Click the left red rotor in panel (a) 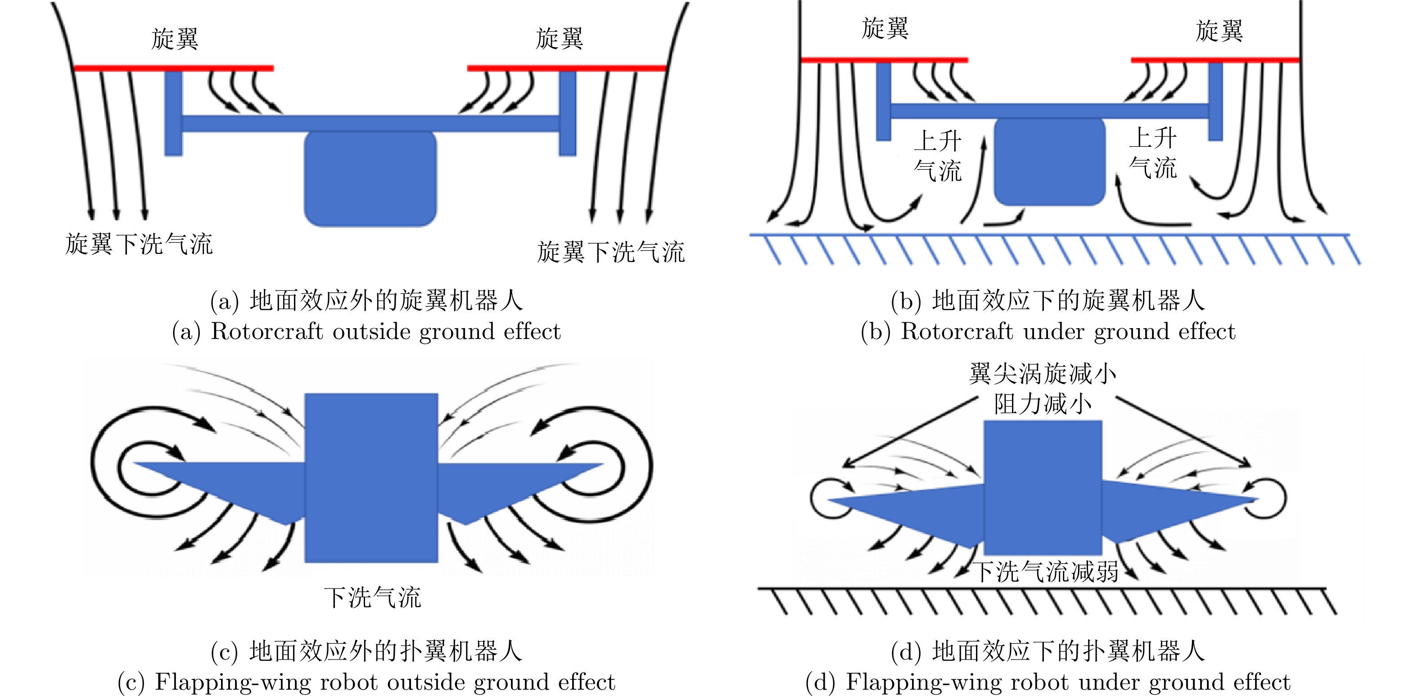click(x=173, y=68)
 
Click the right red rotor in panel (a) click(x=567, y=68)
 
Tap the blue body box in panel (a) click(x=370, y=179)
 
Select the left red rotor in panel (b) click(x=884, y=59)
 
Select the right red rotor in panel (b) click(x=1215, y=59)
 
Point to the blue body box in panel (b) click(x=1050, y=162)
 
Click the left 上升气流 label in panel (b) click(x=937, y=156)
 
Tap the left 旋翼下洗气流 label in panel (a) click(x=139, y=244)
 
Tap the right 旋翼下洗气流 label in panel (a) click(x=610, y=252)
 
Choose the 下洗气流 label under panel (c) click(x=372, y=597)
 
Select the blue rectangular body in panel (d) click(x=1043, y=487)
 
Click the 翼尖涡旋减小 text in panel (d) click(x=1043, y=374)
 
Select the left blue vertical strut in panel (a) click(x=173, y=113)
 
